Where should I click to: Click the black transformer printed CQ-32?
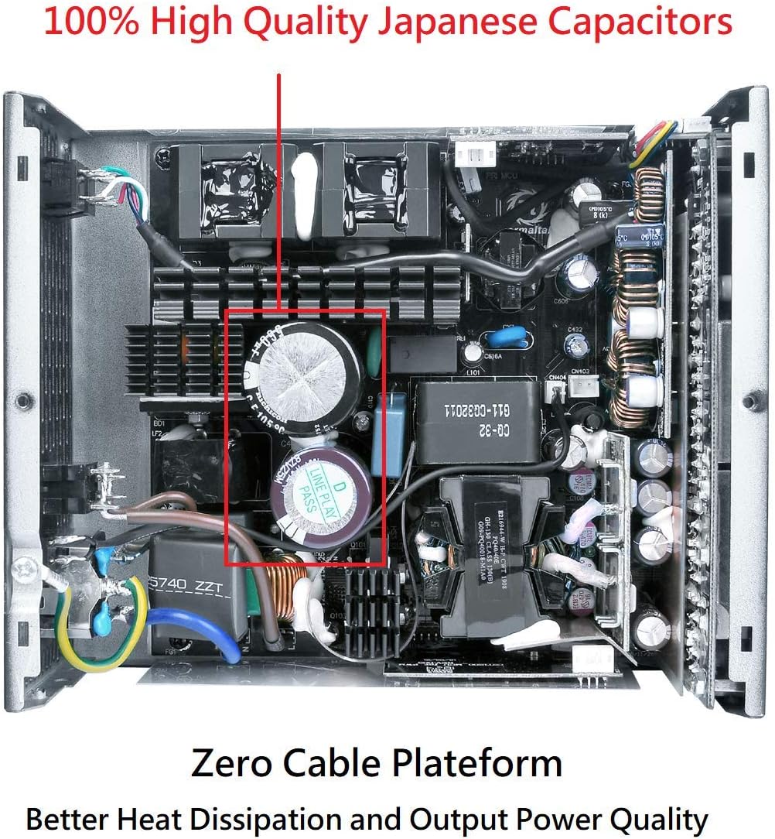point(476,422)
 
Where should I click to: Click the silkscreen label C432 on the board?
point(575,330)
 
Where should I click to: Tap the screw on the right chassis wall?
point(749,402)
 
